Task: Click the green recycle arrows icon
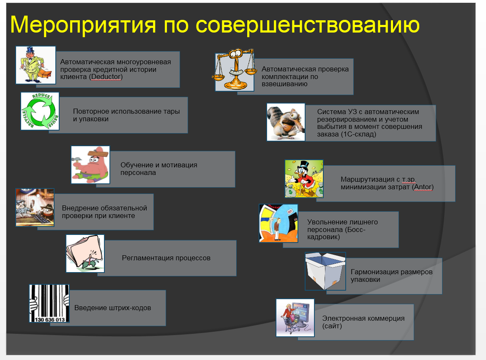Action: [40, 111]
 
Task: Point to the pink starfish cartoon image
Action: [90, 165]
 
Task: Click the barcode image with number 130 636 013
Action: [49, 303]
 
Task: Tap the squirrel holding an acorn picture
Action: [286, 122]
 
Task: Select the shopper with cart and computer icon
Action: [295, 318]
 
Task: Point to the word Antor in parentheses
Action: [423, 187]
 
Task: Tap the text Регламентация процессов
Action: [166, 258]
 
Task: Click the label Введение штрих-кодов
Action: [112, 308]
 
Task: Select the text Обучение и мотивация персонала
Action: [158, 169]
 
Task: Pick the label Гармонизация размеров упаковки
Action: [391, 275]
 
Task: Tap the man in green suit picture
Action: [35, 65]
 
